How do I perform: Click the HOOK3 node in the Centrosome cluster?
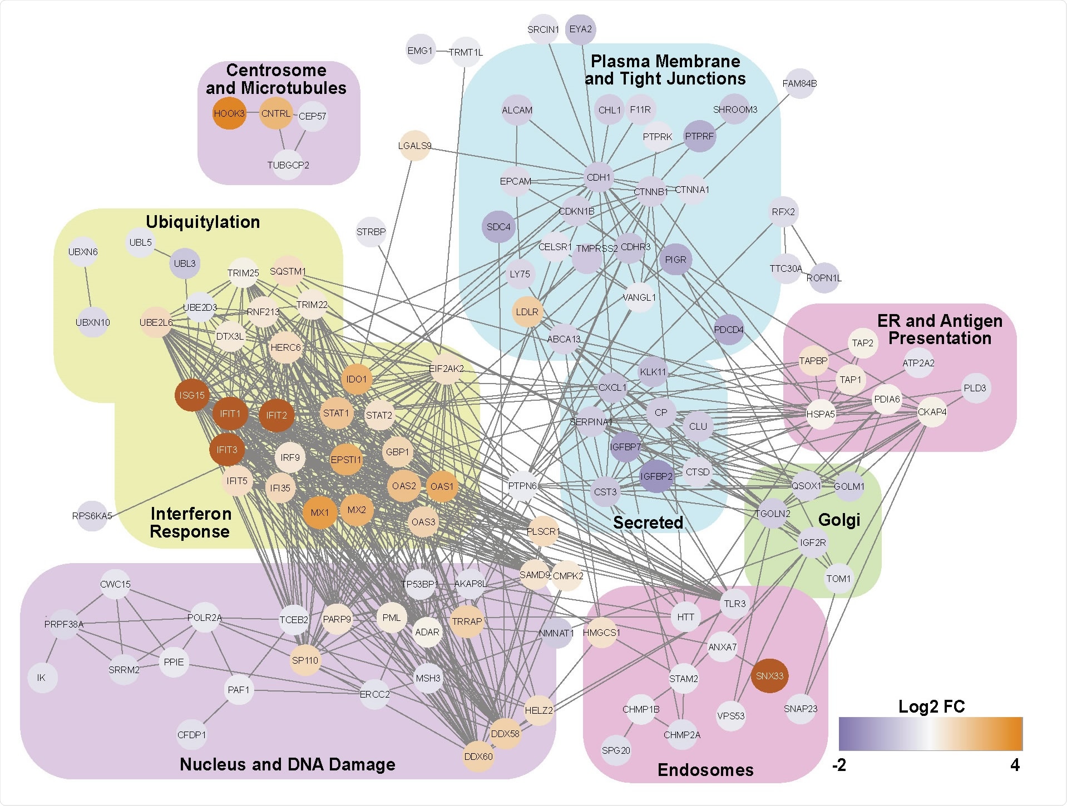229,113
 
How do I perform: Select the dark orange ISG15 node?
192,395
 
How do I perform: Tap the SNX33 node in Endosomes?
770,676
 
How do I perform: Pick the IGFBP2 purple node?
656,476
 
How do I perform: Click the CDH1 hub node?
599,177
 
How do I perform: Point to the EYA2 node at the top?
580,29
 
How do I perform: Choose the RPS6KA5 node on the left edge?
92,516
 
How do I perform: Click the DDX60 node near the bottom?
478,757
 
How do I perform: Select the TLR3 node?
734,604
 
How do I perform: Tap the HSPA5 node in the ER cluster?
821,414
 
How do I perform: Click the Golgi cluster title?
839,520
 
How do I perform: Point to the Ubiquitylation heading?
202,222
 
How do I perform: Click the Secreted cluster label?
648,523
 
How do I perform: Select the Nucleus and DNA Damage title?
287,764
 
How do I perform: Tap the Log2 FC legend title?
931,707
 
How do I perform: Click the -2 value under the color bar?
839,765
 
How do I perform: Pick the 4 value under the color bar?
1015,765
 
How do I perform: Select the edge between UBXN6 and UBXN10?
87,287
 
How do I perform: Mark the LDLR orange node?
527,312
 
